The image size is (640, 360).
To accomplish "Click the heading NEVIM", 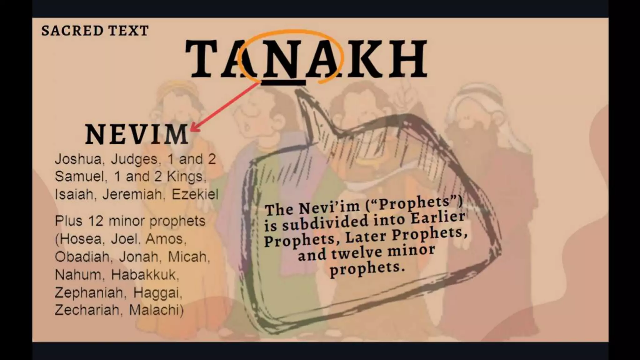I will pos(137,134).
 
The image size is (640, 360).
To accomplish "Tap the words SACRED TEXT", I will pos(95,31).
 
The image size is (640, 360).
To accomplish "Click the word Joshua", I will pos(78,159).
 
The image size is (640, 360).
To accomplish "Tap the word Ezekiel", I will pos(195,195).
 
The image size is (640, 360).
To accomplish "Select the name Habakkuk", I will pos(145,275).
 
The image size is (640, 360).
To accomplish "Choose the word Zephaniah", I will pos(88,293).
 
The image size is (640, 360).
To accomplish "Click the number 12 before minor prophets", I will pos(96,221).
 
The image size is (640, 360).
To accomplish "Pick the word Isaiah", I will pos(74,195).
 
